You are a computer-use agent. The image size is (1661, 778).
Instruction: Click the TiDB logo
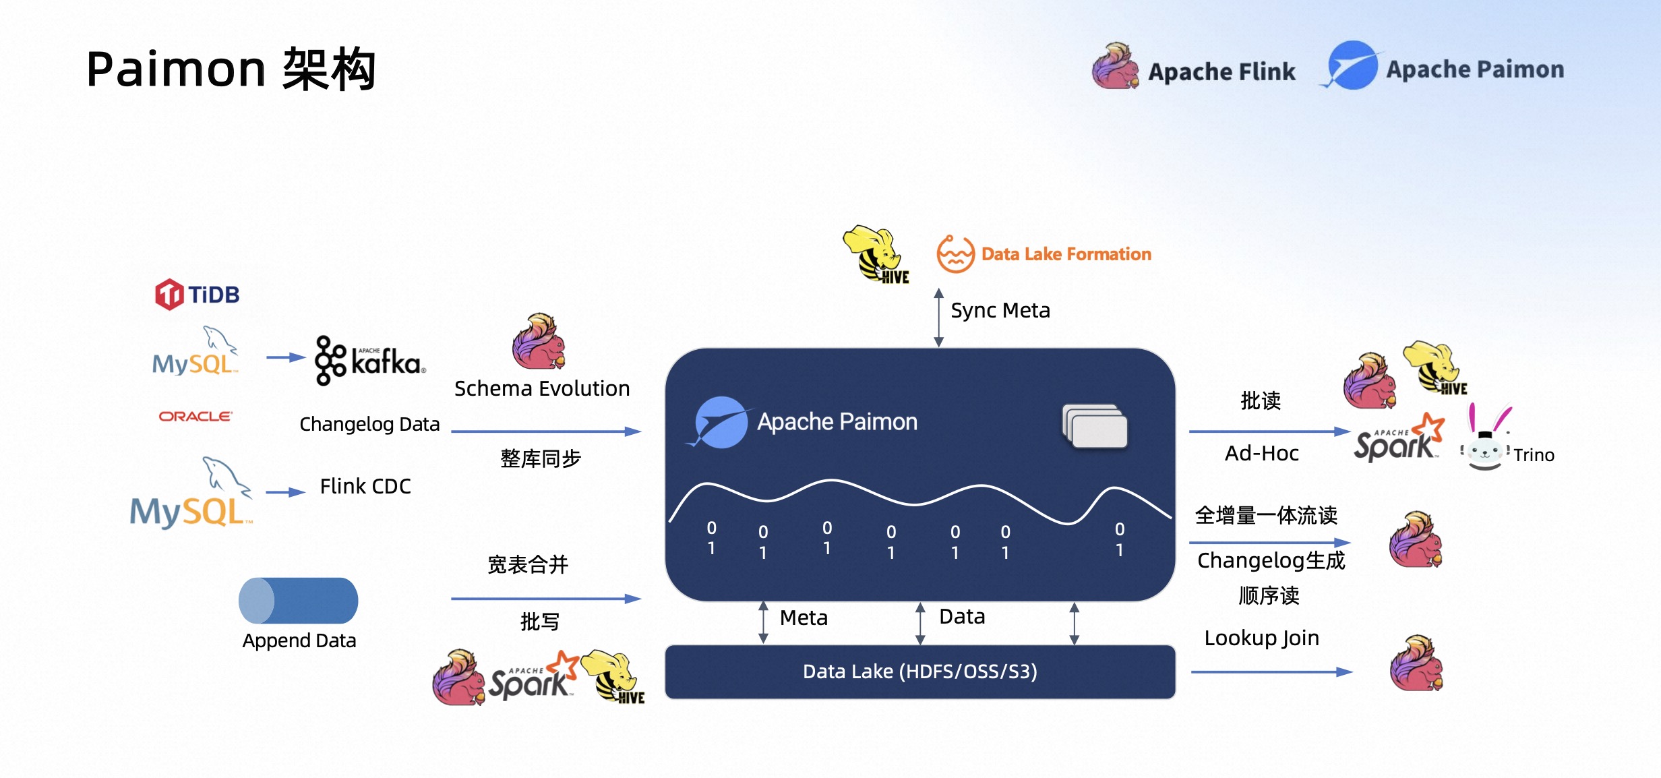pyautogui.click(x=197, y=295)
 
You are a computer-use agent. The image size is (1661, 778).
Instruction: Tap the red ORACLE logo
pyautogui.click(x=195, y=416)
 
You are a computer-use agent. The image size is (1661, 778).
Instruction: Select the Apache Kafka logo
pyautogui.click(x=370, y=361)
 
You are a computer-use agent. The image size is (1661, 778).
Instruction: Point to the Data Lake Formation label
pyautogui.click(x=1065, y=254)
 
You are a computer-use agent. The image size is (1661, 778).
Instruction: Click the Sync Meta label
pyautogui.click(x=1000, y=310)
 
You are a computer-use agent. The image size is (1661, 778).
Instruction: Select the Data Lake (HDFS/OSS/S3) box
pyautogui.click(x=919, y=671)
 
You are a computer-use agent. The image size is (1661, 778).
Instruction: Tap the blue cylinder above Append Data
pyautogui.click(x=298, y=600)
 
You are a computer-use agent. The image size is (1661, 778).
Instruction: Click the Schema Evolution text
pyautogui.click(x=542, y=388)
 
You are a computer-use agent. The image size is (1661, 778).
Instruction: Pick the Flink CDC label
pyautogui.click(x=365, y=486)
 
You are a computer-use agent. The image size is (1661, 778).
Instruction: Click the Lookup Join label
pyautogui.click(x=1261, y=638)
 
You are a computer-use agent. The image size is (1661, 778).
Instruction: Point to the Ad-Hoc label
pyautogui.click(x=1261, y=453)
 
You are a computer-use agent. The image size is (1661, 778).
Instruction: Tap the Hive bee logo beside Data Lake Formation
pyautogui.click(x=876, y=255)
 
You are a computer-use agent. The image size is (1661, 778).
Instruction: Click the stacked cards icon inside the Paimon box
pyautogui.click(x=1095, y=426)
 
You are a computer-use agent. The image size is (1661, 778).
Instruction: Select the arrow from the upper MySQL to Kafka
pyautogui.click(x=285, y=357)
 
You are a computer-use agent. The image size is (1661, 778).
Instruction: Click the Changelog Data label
pyautogui.click(x=369, y=424)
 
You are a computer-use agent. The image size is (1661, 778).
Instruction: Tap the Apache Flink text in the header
pyautogui.click(x=1221, y=71)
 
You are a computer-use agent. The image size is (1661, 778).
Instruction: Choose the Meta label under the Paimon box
pyautogui.click(x=804, y=618)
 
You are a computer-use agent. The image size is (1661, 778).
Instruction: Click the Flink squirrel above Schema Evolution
pyautogui.click(x=538, y=341)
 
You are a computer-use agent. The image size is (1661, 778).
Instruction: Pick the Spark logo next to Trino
pyautogui.click(x=1397, y=439)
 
